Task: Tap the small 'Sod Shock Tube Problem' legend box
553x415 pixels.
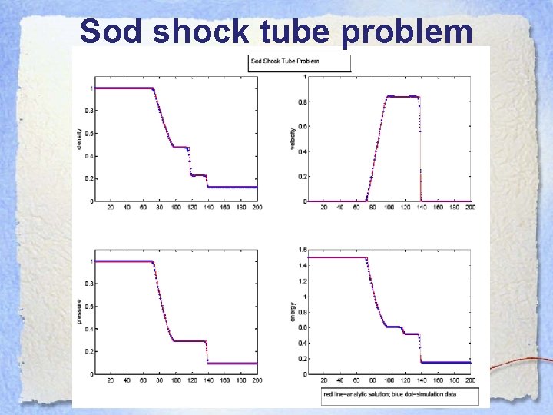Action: [x=299, y=61]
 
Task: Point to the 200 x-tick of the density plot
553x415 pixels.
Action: [x=257, y=207]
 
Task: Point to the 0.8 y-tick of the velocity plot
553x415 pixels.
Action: [x=303, y=101]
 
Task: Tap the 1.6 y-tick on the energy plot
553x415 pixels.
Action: [x=303, y=249]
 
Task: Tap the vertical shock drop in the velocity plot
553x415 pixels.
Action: [x=420, y=154]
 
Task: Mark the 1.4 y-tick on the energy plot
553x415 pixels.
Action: [x=303, y=265]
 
